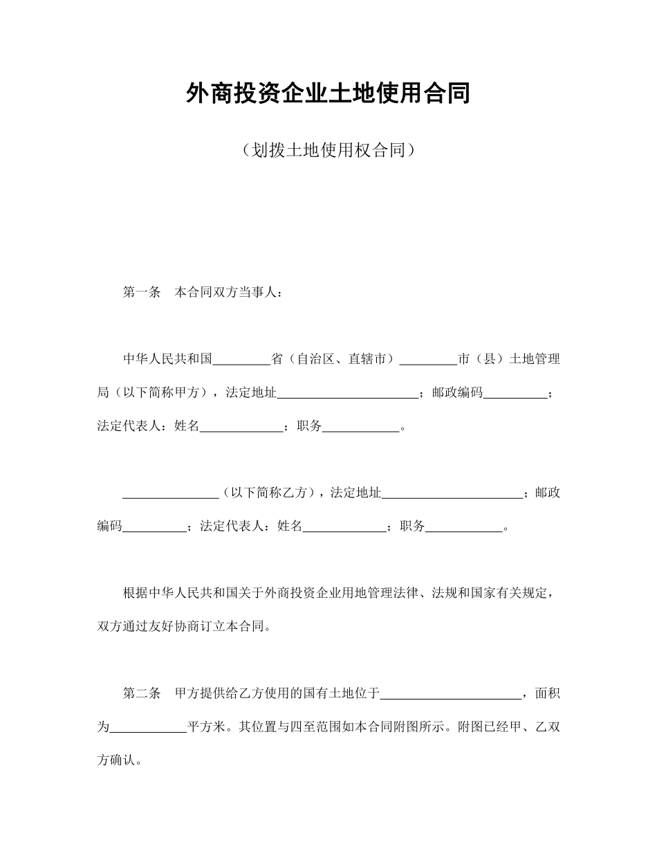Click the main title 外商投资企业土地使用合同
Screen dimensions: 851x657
[x=328, y=93]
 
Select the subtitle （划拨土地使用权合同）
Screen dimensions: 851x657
[x=328, y=150]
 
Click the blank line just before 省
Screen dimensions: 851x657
[x=241, y=360]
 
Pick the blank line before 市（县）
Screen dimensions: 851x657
[x=428, y=360]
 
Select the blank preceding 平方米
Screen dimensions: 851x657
[x=149, y=726]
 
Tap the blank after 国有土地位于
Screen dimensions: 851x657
[x=452, y=693]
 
